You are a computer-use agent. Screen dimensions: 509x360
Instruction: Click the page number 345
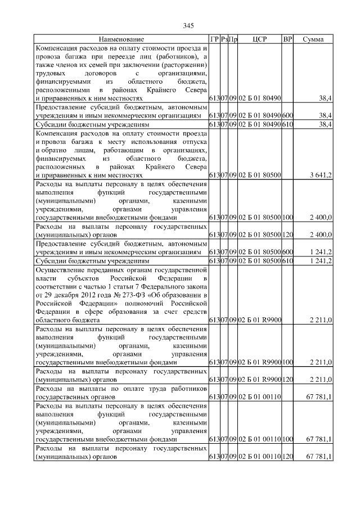click(188, 26)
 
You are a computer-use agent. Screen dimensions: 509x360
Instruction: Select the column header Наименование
click(121, 39)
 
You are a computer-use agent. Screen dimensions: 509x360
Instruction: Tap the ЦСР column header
click(259, 39)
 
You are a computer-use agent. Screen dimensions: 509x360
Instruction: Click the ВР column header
click(287, 39)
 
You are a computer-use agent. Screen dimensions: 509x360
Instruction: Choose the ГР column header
click(214, 39)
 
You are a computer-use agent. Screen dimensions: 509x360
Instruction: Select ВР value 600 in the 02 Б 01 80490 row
click(287, 115)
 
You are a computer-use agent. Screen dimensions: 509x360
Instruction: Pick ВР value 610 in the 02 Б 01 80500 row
click(287, 262)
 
